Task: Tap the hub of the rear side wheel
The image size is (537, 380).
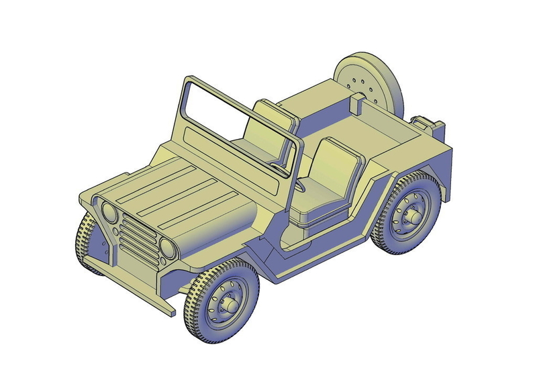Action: point(412,217)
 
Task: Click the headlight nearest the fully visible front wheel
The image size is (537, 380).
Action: point(168,249)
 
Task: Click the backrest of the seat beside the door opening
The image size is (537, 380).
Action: point(336,168)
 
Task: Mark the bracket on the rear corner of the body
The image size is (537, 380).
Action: point(427,125)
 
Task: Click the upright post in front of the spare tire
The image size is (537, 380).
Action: point(358,103)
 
